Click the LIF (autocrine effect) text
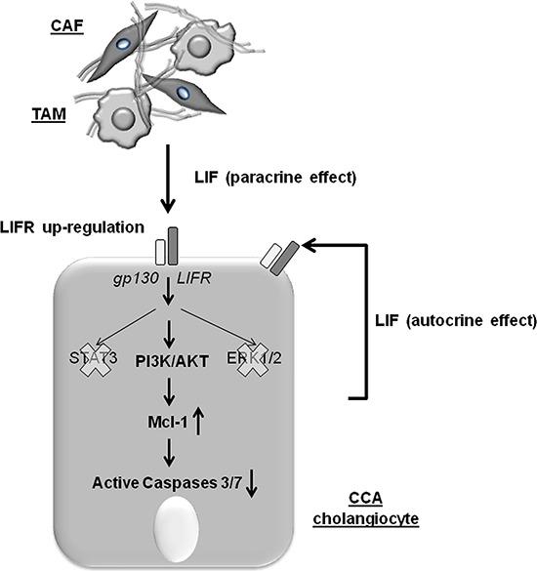455,319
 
